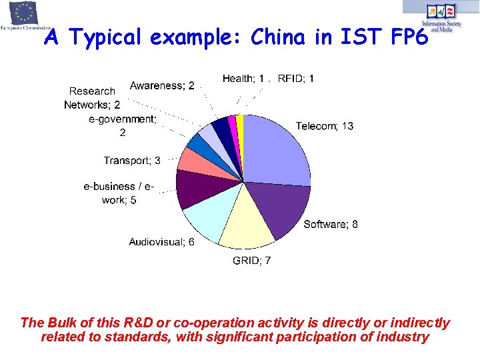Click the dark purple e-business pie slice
(x=193, y=189)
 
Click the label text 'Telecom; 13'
(x=325, y=126)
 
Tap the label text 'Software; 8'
(x=331, y=225)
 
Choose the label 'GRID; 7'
(x=251, y=261)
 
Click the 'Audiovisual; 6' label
(x=162, y=242)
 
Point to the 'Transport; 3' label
(x=132, y=160)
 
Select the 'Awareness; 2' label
(x=162, y=85)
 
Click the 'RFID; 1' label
(x=296, y=79)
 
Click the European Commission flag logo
(x=19, y=13)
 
